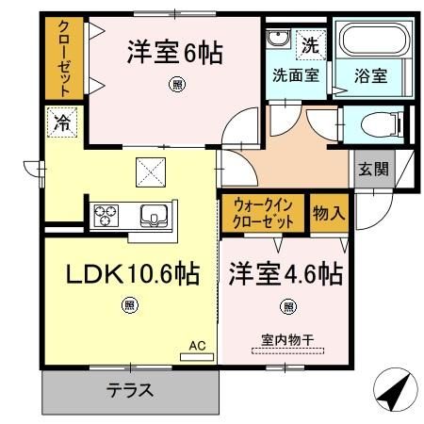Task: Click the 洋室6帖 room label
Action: coord(175,53)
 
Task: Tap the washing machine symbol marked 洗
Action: coord(309,42)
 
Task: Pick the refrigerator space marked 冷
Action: coord(61,122)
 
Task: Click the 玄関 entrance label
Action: coord(371,170)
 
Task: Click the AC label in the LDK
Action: coord(197,347)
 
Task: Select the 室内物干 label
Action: coord(285,340)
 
